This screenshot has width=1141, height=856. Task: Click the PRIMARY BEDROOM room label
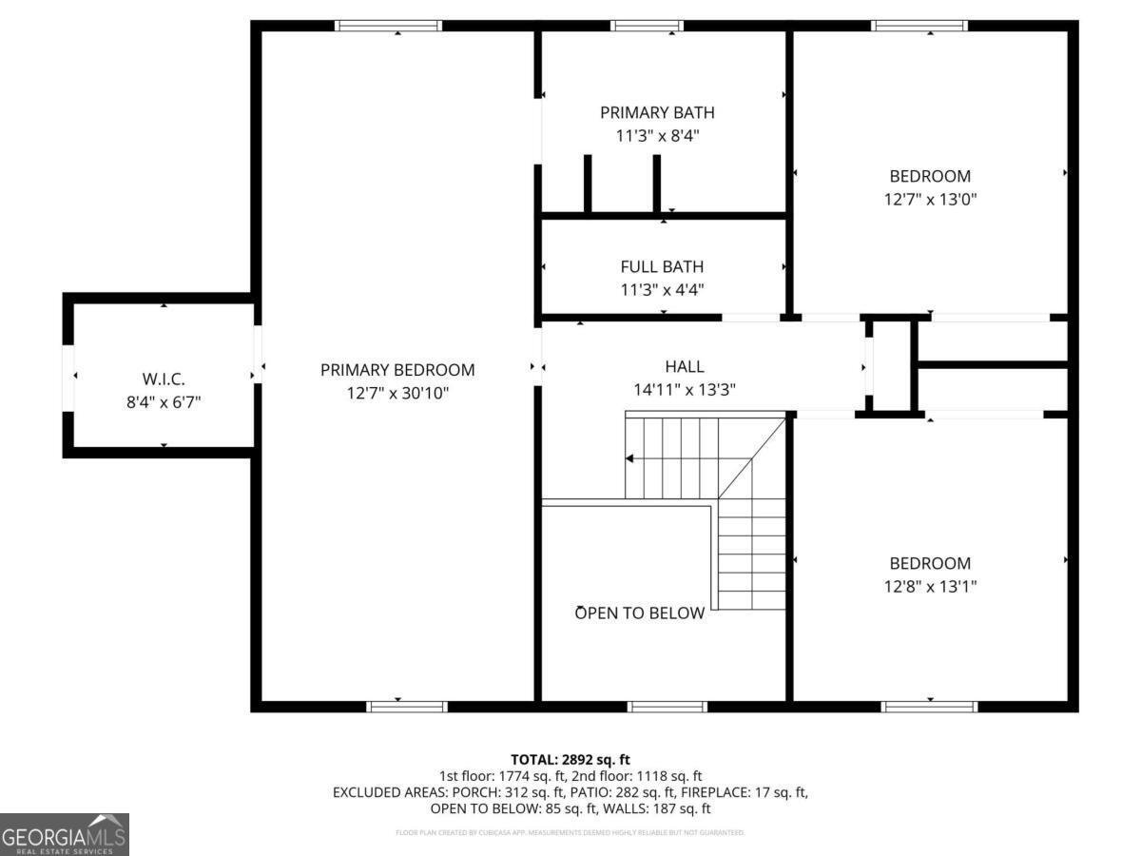(x=397, y=370)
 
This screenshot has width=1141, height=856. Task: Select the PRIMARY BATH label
(x=657, y=113)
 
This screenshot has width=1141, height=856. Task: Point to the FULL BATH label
(x=662, y=267)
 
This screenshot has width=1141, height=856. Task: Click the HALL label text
(x=685, y=366)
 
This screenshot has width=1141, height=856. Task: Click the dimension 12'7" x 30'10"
(x=397, y=392)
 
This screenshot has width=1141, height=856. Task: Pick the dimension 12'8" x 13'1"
(x=930, y=587)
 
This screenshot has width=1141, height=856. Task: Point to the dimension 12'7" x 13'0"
(x=930, y=200)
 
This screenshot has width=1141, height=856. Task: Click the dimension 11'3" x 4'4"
(x=662, y=289)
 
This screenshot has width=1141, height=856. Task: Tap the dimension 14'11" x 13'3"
(x=685, y=389)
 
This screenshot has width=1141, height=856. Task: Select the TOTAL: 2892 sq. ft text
(x=570, y=759)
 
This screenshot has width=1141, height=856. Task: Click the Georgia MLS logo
(x=65, y=834)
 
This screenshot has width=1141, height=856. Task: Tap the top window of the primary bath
(x=647, y=26)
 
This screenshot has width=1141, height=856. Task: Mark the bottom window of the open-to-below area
(x=667, y=706)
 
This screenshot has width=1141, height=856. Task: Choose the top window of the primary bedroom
(x=388, y=26)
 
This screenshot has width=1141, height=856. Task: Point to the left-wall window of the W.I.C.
(x=68, y=378)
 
